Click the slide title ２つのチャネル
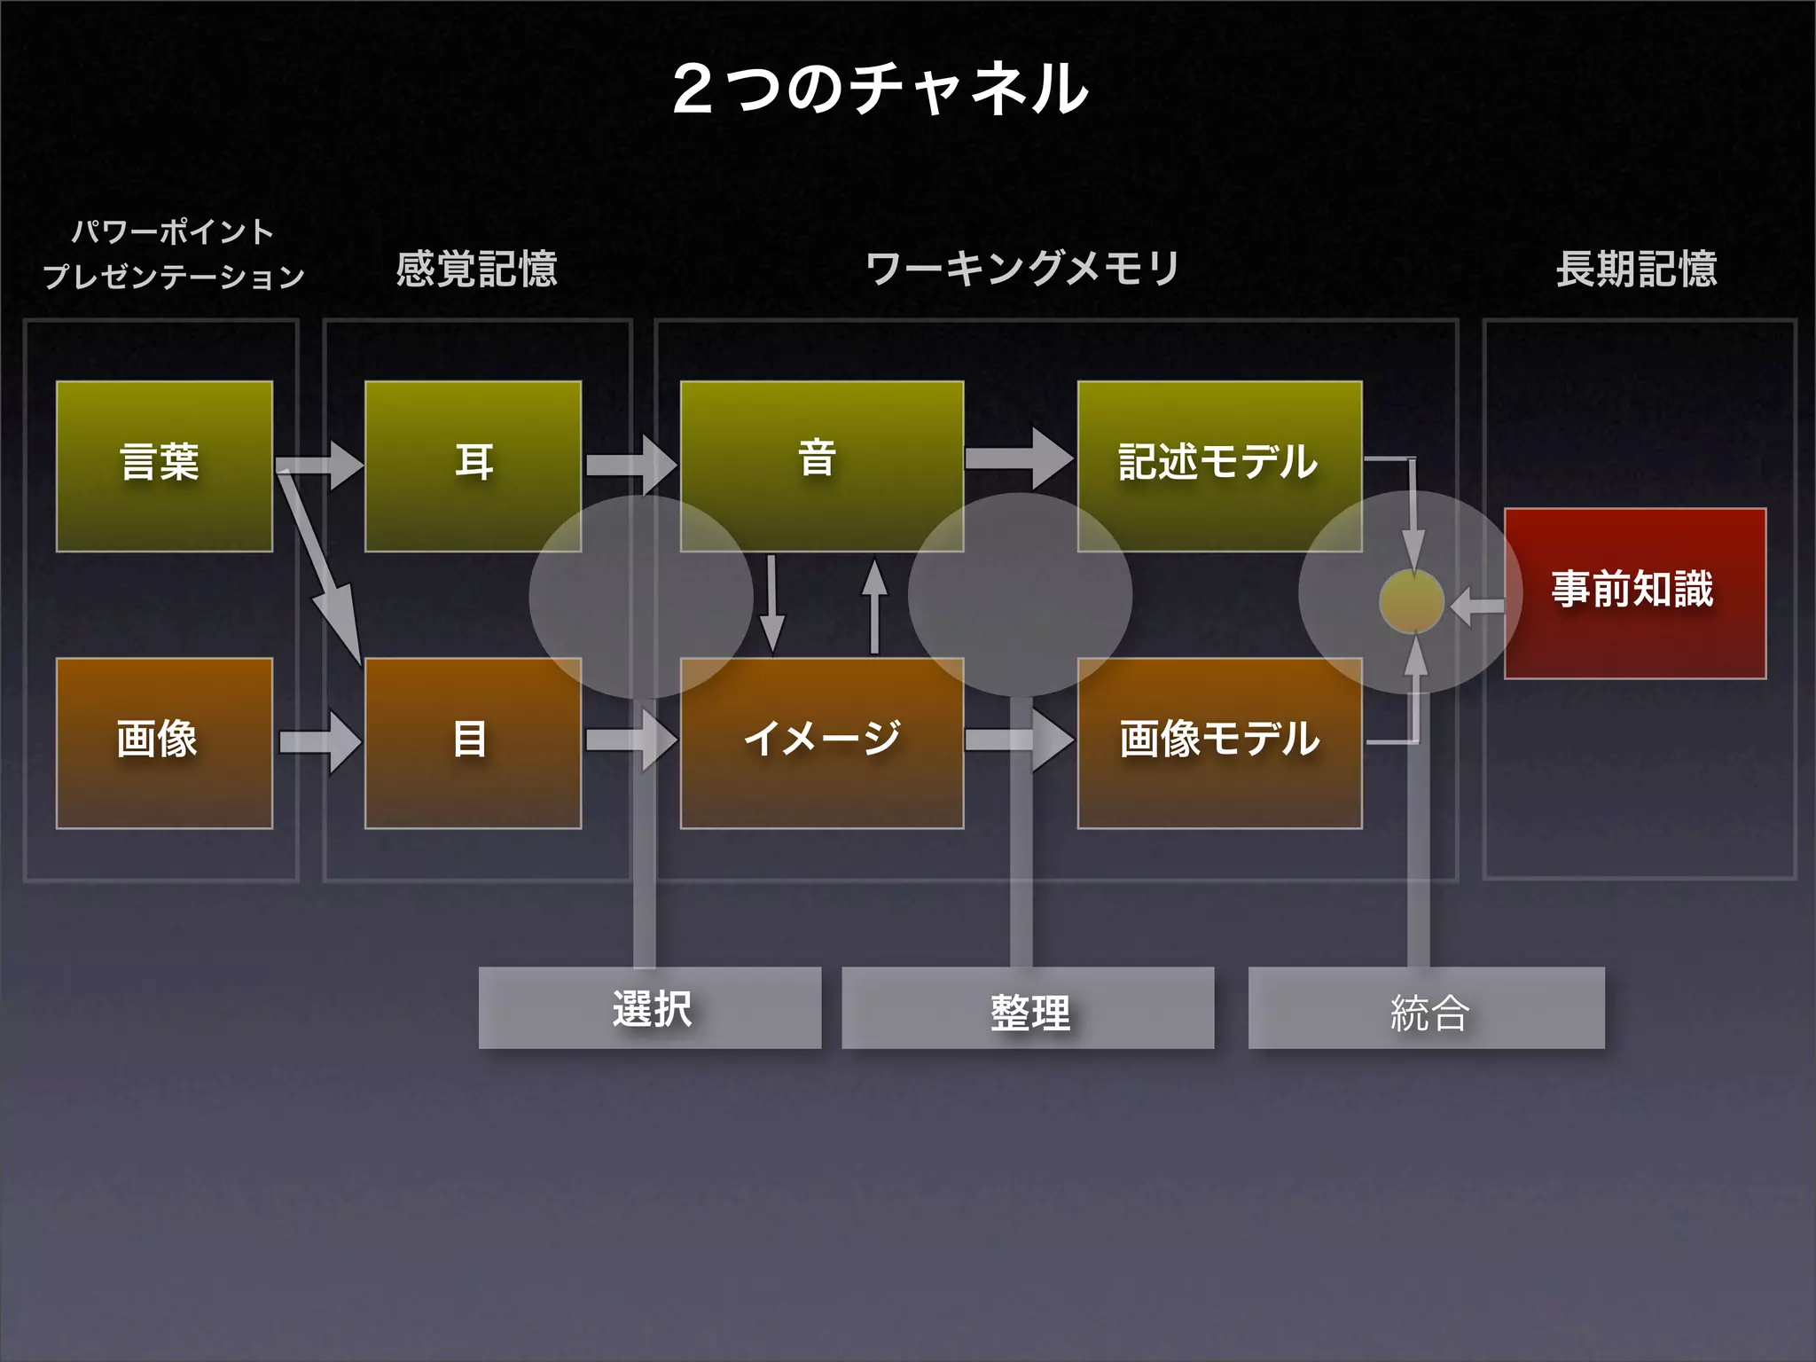click(880, 90)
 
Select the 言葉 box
click(164, 466)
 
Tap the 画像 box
click(164, 743)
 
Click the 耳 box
click(473, 466)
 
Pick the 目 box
click(473, 743)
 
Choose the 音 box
click(821, 466)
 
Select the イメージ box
click(821, 743)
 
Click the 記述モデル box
click(1219, 466)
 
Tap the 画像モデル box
click(1219, 743)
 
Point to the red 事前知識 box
click(1634, 593)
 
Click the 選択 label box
click(650, 1008)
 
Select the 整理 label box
click(1028, 1008)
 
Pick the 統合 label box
click(1426, 1008)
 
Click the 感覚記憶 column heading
click(476, 269)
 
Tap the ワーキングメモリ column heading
click(1021, 269)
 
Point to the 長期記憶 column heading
click(1636, 269)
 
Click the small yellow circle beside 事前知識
click(1412, 602)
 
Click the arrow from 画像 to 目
click(319, 741)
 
